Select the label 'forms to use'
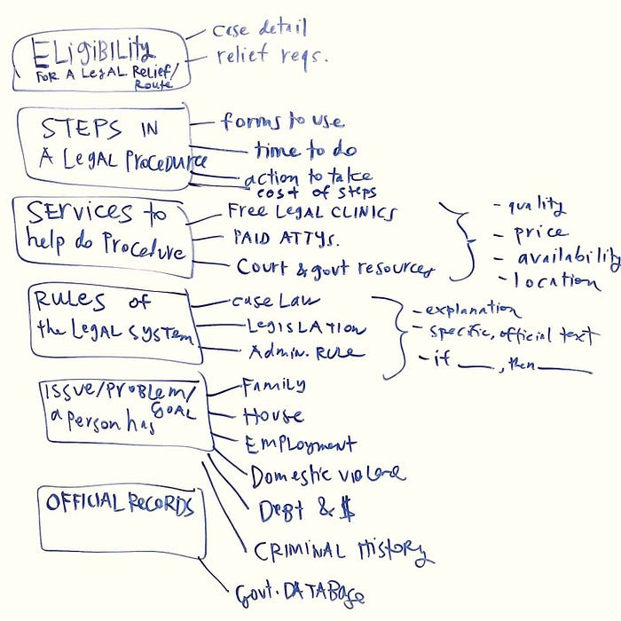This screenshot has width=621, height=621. click(283, 121)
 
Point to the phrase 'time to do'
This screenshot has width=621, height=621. click(305, 150)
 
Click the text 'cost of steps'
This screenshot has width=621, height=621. click(317, 192)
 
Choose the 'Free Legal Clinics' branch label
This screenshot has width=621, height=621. click(311, 212)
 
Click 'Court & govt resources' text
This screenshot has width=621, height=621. click(335, 267)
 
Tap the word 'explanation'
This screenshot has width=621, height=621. click(473, 310)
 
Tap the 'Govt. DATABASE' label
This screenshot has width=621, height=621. click(299, 593)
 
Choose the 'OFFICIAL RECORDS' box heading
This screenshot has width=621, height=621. click(119, 503)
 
